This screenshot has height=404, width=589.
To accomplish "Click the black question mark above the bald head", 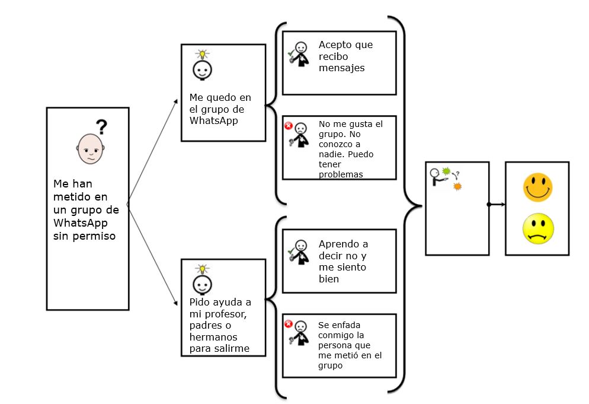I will [x=102, y=126].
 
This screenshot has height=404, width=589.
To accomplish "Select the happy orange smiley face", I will [x=537, y=186].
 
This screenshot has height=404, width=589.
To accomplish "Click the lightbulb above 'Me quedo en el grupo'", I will [x=203, y=55].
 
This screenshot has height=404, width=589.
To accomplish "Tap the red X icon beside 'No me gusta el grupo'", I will [x=289, y=126].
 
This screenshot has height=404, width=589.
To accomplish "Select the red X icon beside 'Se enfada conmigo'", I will [x=289, y=324].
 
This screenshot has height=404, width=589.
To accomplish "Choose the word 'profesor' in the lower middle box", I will [x=223, y=314].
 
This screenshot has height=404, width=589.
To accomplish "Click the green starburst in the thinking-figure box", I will [x=446, y=172].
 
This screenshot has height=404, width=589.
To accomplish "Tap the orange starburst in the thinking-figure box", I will [x=456, y=186].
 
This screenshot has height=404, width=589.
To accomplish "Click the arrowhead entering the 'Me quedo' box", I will [x=176, y=101].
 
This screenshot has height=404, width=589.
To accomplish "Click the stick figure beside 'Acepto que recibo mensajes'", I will [x=300, y=53].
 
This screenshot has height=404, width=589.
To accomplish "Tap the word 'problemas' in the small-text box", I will [x=341, y=174].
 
